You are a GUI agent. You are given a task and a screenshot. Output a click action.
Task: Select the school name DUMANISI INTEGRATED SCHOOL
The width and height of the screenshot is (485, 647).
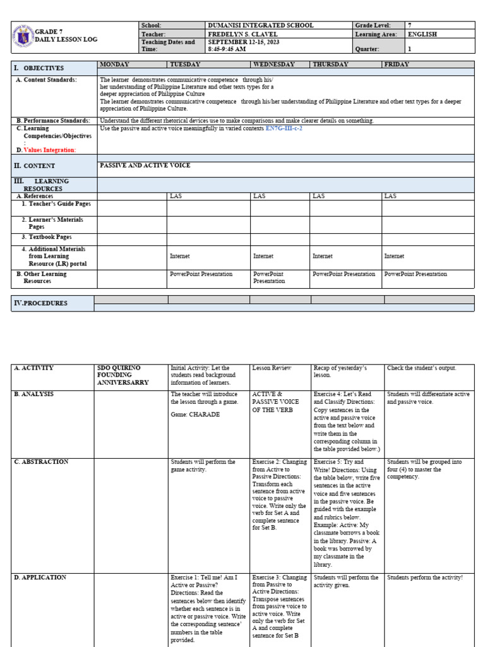click(260, 25)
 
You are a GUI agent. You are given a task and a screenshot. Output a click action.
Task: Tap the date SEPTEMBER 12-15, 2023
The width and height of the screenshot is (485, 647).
click(244, 42)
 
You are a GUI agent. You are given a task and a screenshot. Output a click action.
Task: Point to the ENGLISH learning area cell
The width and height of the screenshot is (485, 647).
click(422, 34)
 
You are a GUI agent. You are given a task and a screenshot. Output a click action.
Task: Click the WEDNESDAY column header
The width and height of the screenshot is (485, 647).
click(274, 64)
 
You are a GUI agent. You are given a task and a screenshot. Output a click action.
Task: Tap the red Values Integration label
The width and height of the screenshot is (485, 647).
click(50, 150)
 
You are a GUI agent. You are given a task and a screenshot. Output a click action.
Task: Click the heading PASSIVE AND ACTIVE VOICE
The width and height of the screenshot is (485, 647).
click(145, 166)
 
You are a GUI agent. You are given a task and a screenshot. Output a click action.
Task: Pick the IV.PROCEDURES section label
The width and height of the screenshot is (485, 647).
click(41, 303)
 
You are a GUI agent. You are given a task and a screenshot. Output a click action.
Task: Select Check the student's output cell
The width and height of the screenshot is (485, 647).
click(421, 368)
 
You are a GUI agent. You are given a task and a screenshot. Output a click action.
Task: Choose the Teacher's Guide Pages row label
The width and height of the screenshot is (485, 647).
click(57, 204)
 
